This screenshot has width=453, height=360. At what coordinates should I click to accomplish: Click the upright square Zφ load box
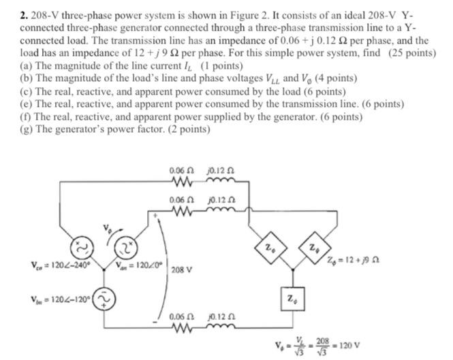pyautogui.click(x=291, y=297)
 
